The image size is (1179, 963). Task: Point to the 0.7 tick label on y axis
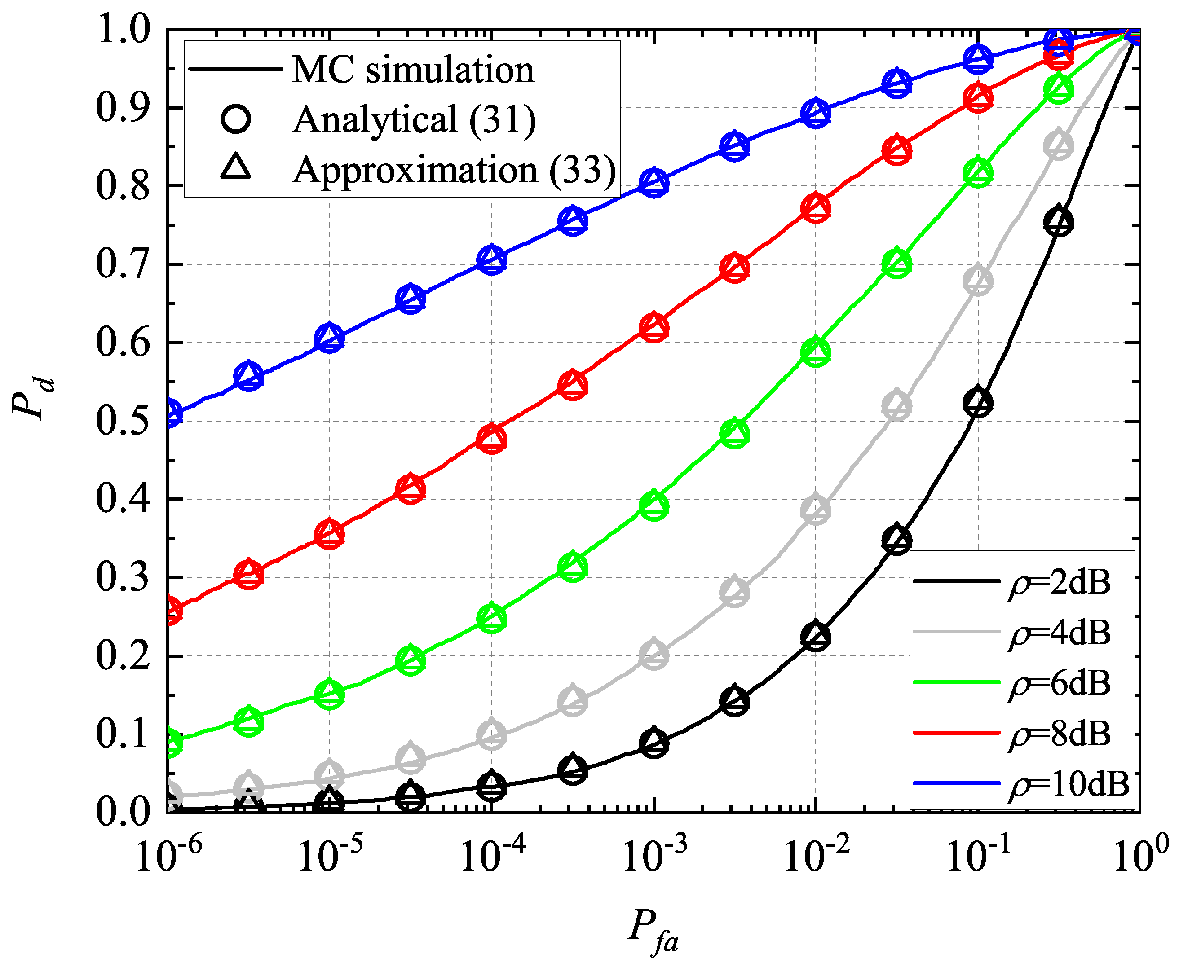click(x=123, y=264)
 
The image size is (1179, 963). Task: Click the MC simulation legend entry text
click(x=413, y=70)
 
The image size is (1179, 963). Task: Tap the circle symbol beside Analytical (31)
click(x=236, y=119)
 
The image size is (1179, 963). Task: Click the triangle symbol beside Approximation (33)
click(x=236, y=167)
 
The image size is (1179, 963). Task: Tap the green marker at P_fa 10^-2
click(x=816, y=352)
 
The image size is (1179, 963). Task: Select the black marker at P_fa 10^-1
click(x=978, y=402)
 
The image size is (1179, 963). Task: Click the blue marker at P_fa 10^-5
click(x=330, y=338)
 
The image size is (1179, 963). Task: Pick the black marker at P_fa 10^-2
click(x=816, y=636)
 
